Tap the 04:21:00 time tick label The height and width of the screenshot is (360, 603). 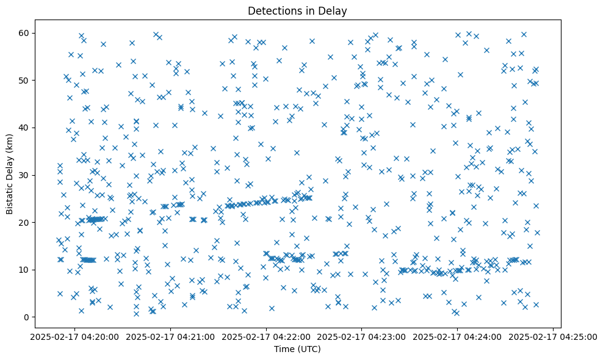click(x=170, y=337)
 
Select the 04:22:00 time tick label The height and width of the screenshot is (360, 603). click(x=266, y=337)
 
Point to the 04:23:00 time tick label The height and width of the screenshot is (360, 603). click(x=362, y=337)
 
